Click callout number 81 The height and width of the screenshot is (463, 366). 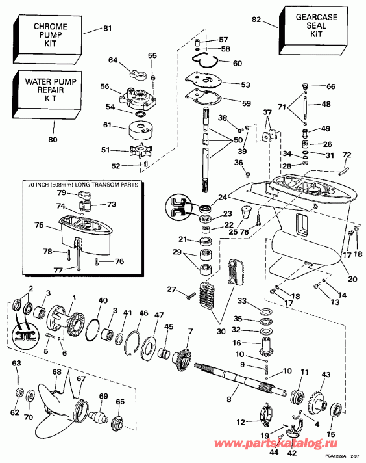[x=108, y=28]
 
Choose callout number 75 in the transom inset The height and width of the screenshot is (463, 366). [x=39, y=226]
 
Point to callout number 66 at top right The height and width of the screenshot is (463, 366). [x=330, y=86]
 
